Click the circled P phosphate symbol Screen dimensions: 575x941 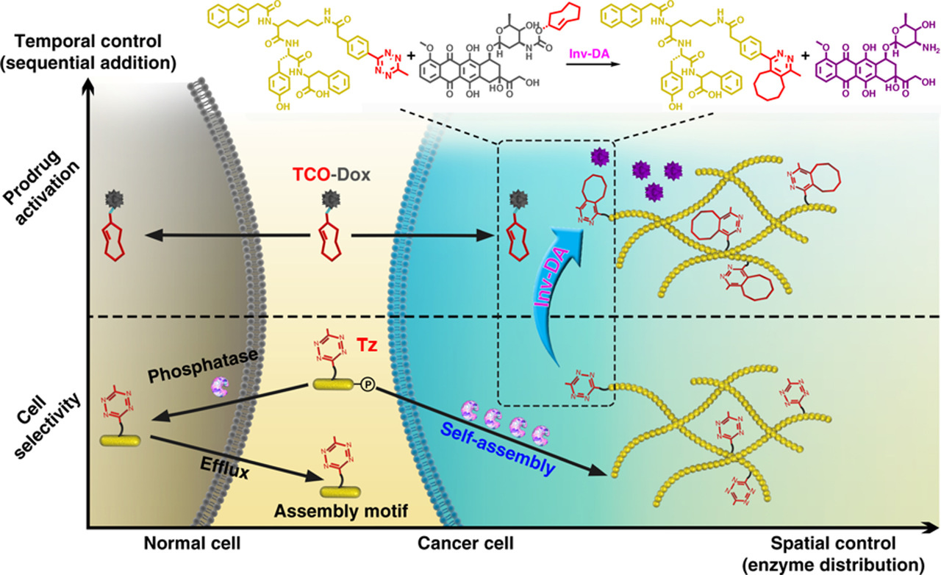[x=367, y=384]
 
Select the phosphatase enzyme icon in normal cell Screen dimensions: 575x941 [x=221, y=384]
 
